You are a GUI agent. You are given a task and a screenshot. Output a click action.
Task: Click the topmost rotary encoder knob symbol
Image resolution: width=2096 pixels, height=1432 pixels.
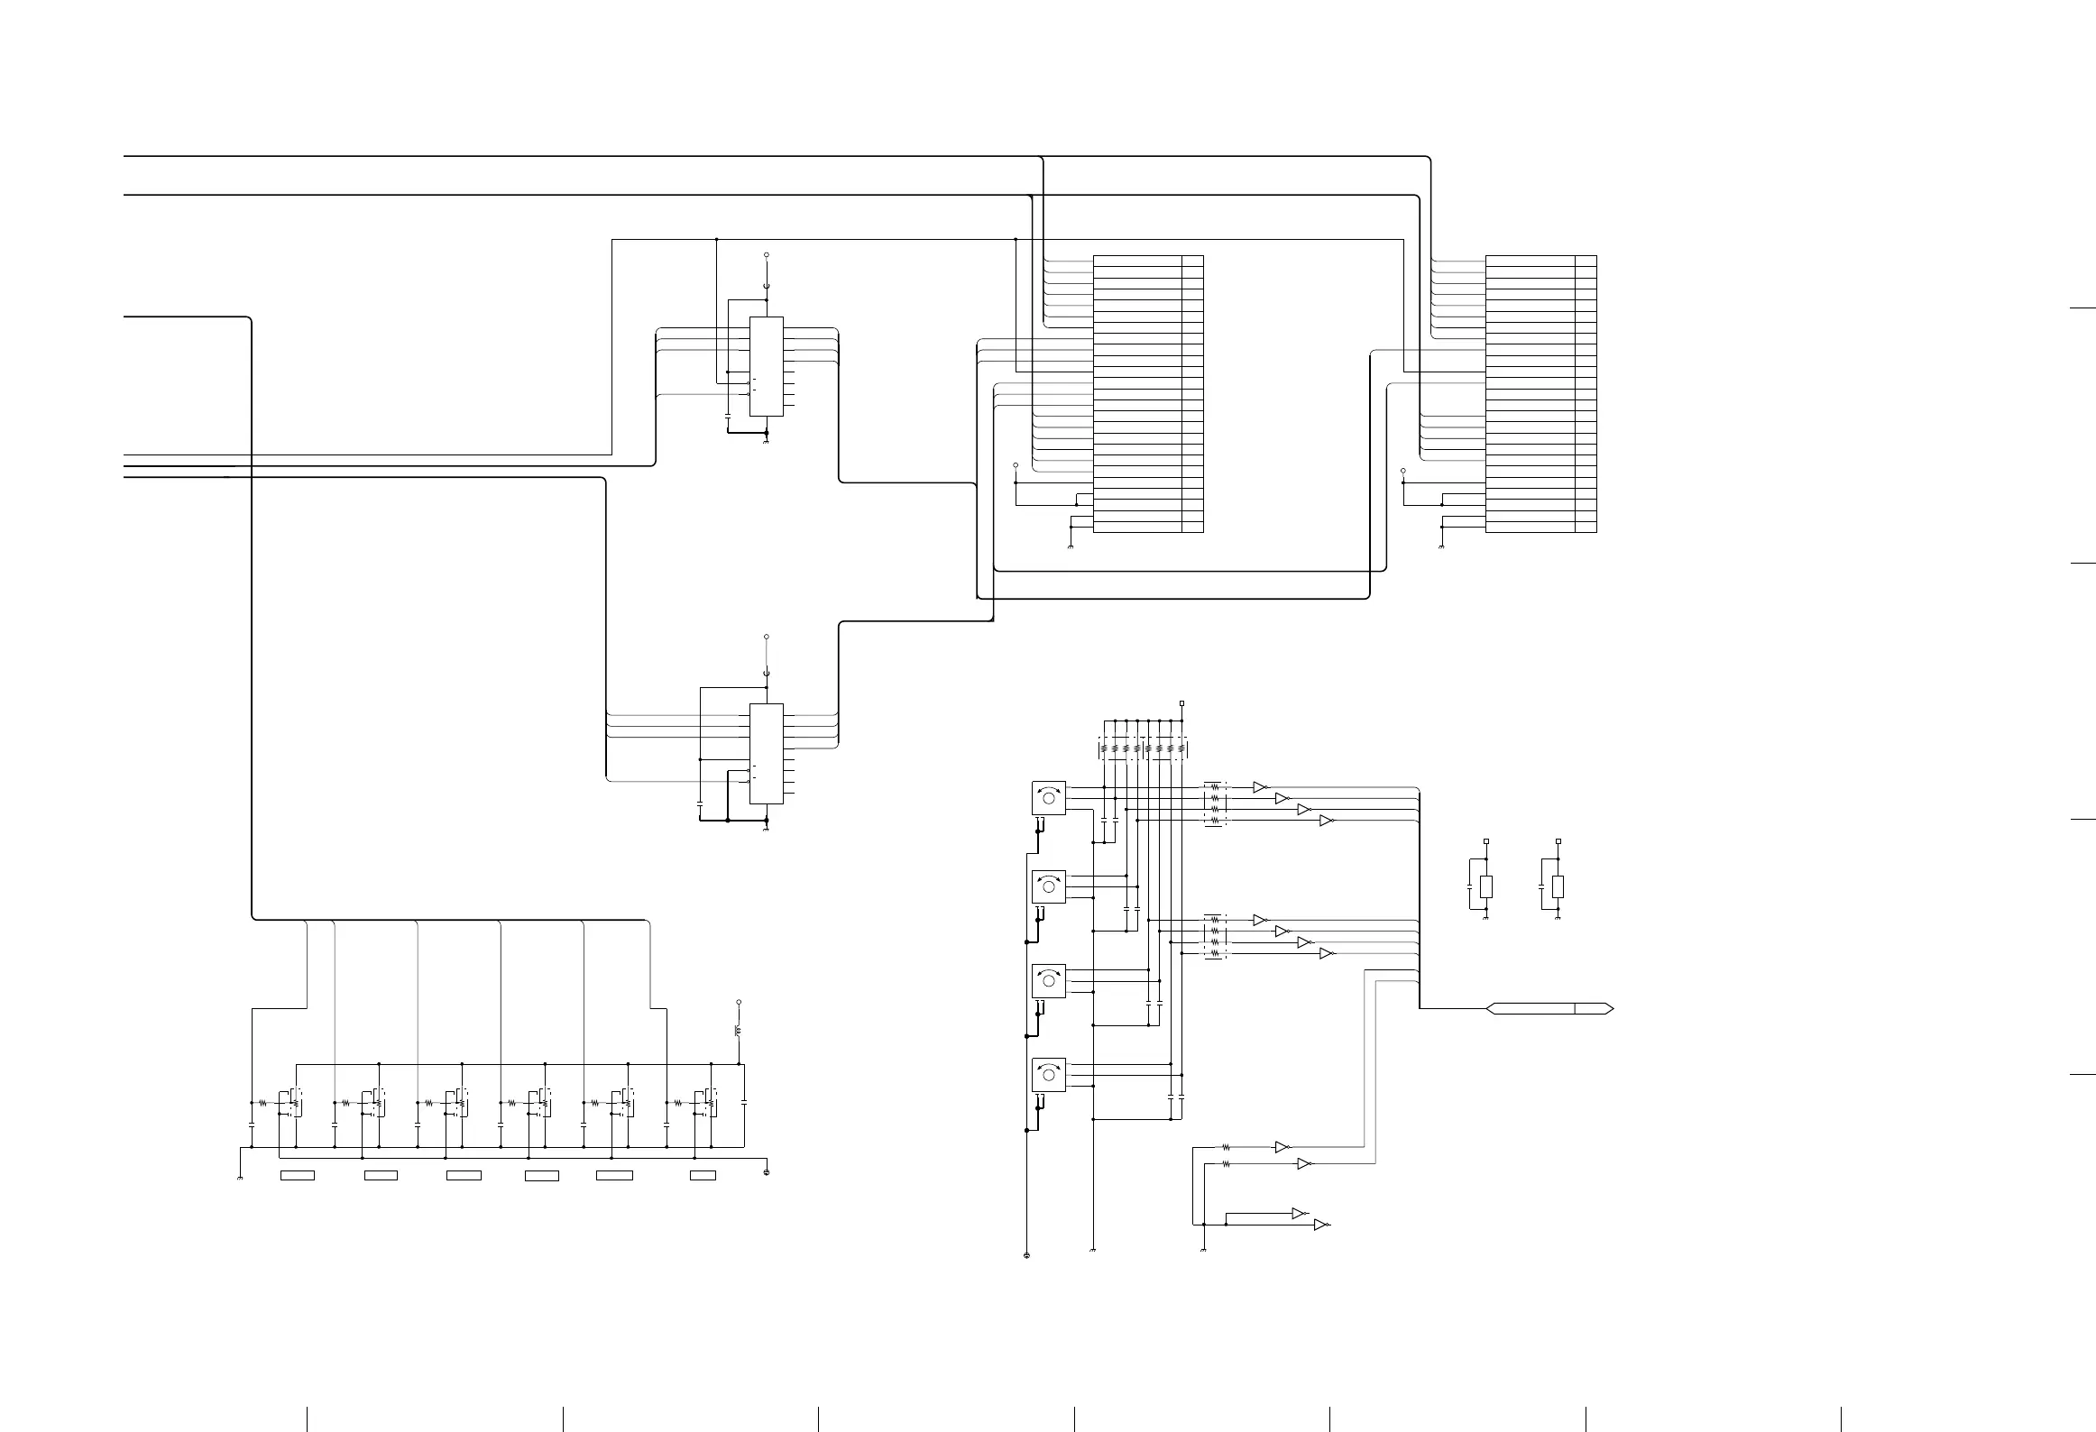point(1048,798)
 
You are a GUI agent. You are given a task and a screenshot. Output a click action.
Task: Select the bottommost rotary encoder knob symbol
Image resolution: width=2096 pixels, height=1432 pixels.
point(1048,1074)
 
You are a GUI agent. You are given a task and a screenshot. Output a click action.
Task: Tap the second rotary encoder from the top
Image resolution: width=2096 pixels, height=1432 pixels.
point(1048,886)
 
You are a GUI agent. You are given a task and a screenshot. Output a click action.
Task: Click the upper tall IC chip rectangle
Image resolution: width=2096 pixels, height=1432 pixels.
point(766,366)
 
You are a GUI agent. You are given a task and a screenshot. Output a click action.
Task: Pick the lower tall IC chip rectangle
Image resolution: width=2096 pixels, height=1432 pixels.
point(766,753)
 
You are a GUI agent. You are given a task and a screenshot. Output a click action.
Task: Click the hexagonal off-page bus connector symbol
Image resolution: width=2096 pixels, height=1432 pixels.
point(1549,1008)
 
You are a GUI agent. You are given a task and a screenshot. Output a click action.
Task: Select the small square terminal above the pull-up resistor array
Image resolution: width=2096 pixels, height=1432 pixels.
point(1181,703)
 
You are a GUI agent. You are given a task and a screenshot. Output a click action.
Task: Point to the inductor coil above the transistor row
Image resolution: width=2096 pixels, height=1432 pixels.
point(739,1031)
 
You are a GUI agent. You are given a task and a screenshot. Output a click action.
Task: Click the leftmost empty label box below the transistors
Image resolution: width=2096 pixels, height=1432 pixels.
point(297,1175)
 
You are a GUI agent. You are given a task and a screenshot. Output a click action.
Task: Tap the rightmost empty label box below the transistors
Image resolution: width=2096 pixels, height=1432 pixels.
point(703,1175)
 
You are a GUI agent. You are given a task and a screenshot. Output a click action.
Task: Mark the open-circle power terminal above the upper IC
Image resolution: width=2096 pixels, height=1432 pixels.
point(766,256)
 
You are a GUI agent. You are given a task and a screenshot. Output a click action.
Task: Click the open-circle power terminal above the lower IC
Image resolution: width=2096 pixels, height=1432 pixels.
point(766,636)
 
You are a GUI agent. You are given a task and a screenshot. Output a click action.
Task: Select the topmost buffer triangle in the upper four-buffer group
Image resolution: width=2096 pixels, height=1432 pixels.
point(1260,787)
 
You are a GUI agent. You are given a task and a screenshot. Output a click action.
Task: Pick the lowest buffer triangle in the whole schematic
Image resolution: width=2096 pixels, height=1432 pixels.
point(1320,1225)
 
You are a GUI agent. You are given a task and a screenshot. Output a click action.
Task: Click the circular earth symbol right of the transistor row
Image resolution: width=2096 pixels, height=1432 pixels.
point(766,1172)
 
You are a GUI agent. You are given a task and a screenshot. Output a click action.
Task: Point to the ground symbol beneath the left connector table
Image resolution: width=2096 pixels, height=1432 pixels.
point(1070,546)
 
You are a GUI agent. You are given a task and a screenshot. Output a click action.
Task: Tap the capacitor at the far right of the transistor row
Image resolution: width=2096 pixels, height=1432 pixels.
point(744,1102)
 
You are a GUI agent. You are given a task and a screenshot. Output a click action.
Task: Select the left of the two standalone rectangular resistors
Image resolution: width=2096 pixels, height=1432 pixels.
point(1485,886)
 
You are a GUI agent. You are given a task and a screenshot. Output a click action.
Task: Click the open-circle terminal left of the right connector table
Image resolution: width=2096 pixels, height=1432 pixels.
point(1402,471)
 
